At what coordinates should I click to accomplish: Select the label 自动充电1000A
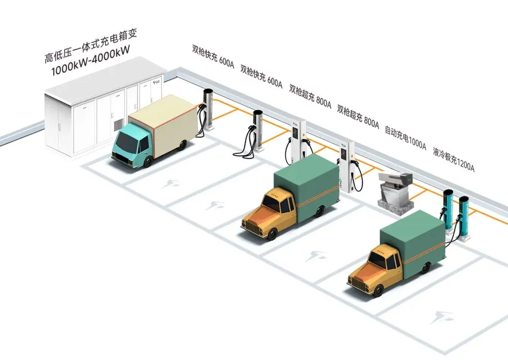pyautogui.click(x=405, y=138)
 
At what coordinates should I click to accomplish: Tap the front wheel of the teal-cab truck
pyautogui.click(x=147, y=161)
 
